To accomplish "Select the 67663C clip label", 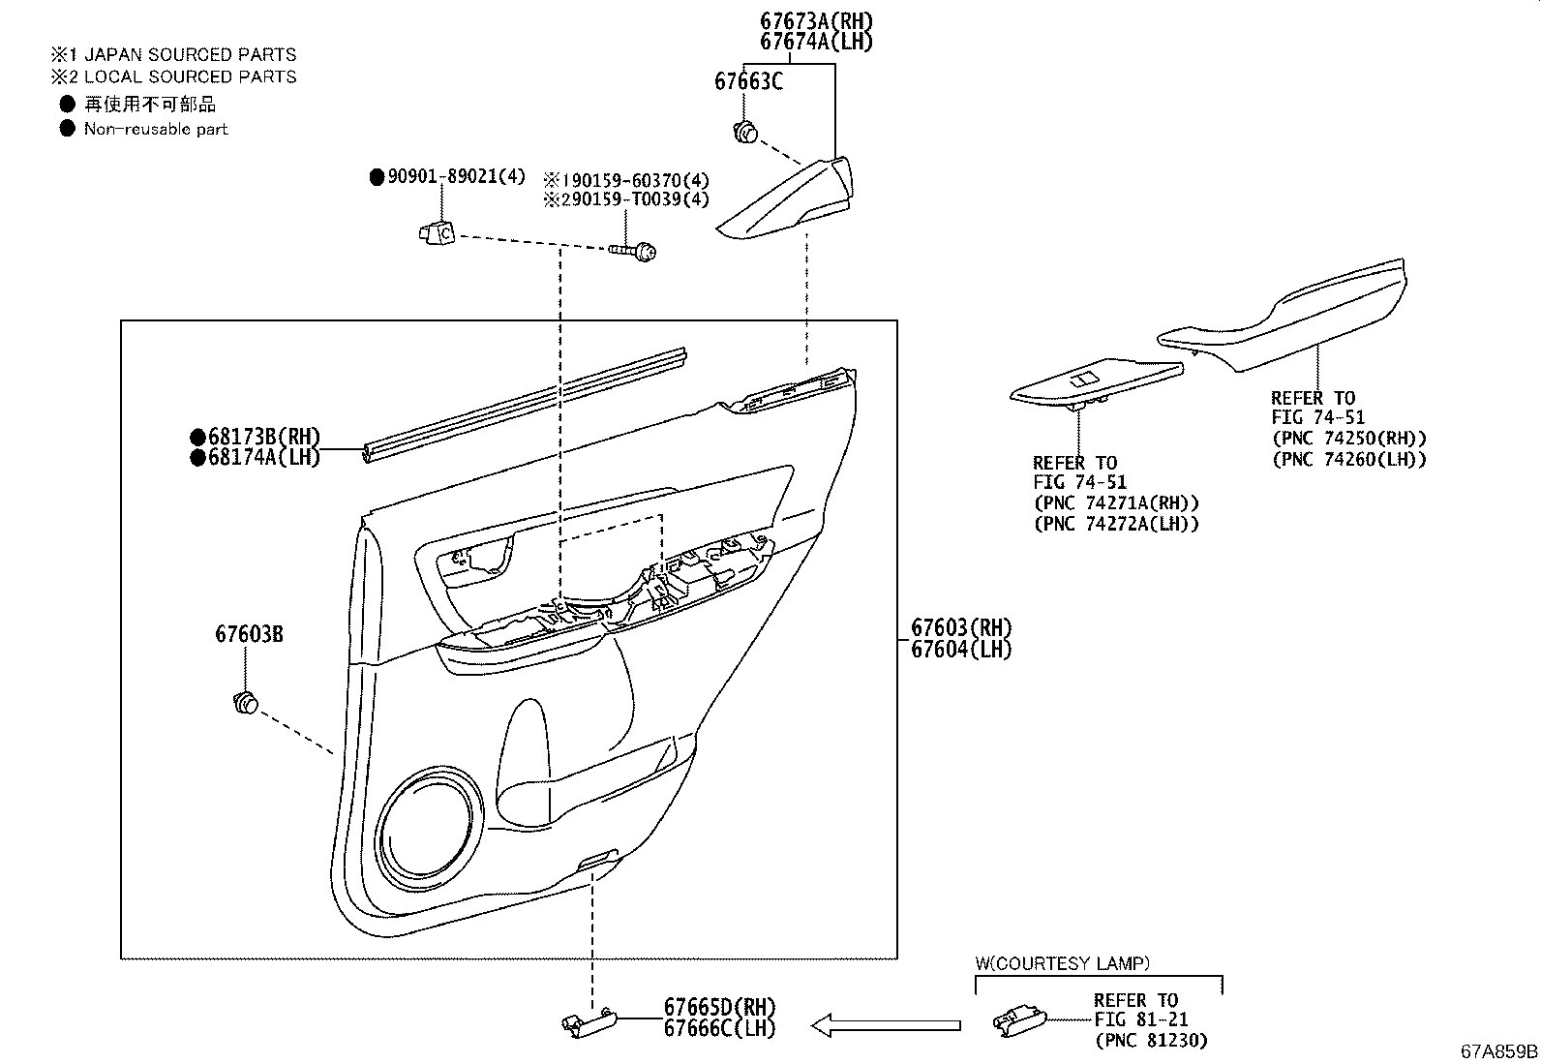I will pos(748,81).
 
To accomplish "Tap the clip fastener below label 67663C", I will pos(744,132).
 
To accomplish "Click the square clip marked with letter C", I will pos(438,232).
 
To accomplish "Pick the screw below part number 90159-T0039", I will pos(635,252).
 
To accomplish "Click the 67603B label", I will pos(249,634).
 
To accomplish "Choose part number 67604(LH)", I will pos(960,650).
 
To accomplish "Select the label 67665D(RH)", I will pos(719,1007).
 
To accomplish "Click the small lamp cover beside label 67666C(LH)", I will pos(589,1022).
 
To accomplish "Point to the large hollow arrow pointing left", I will pos(885,1024).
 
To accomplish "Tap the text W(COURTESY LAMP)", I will pos(1062,963).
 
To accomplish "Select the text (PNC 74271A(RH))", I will pos(1116,502).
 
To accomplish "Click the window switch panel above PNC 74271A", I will pos(1095,384).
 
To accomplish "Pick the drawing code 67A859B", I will pos(1499,1051).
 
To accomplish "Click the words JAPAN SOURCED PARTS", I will pos(190,55).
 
